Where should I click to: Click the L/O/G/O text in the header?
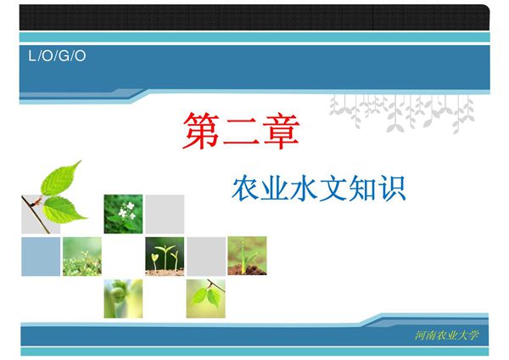coord(58,57)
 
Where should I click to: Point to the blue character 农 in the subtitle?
coord(246,189)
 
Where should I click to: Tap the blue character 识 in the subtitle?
coord(393,189)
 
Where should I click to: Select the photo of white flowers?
coord(123,214)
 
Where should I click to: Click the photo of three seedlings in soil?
coord(165,256)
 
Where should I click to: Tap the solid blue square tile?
coord(41,256)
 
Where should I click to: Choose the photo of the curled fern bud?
coord(123,297)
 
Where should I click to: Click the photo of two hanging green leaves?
coord(206,297)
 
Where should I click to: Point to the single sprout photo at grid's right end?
coord(247,256)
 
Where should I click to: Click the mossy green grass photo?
coord(81,256)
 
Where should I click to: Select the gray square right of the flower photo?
coord(165,214)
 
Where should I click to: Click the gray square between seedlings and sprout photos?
coord(206,256)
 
